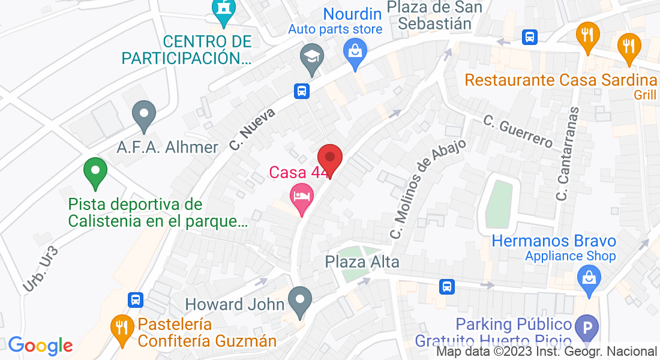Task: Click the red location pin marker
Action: pyautogui.click(x=329, y=159)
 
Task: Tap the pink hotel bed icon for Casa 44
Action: pyautogui.click(x=301, y=196)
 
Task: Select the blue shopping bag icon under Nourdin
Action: pyautogui.click(x=355, y=50)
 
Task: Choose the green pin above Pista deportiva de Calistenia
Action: pyautogui.click(x=94, y=171)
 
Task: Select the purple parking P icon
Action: pyautogui.click(x=587, y=328)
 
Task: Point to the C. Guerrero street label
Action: pyautogui.click(x=518, y=131)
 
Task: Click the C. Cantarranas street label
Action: pyautogui.click(x=569, y=154)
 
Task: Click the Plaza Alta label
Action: pyautogui.click(x=362, y=262)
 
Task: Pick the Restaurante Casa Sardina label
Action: pyautogui.click(x=561, y=80)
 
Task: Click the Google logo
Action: pyautogui.click(x=40, y=346)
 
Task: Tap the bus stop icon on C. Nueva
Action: pyautogui.click(x=301, y=91)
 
